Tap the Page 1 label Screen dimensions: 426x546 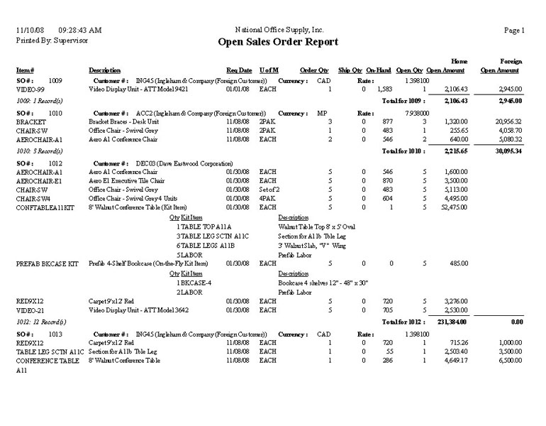coord(514,31)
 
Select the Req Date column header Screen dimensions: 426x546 coord(239,70)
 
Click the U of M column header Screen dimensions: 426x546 coord(269,70)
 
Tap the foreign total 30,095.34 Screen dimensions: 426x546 coord(506,151)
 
